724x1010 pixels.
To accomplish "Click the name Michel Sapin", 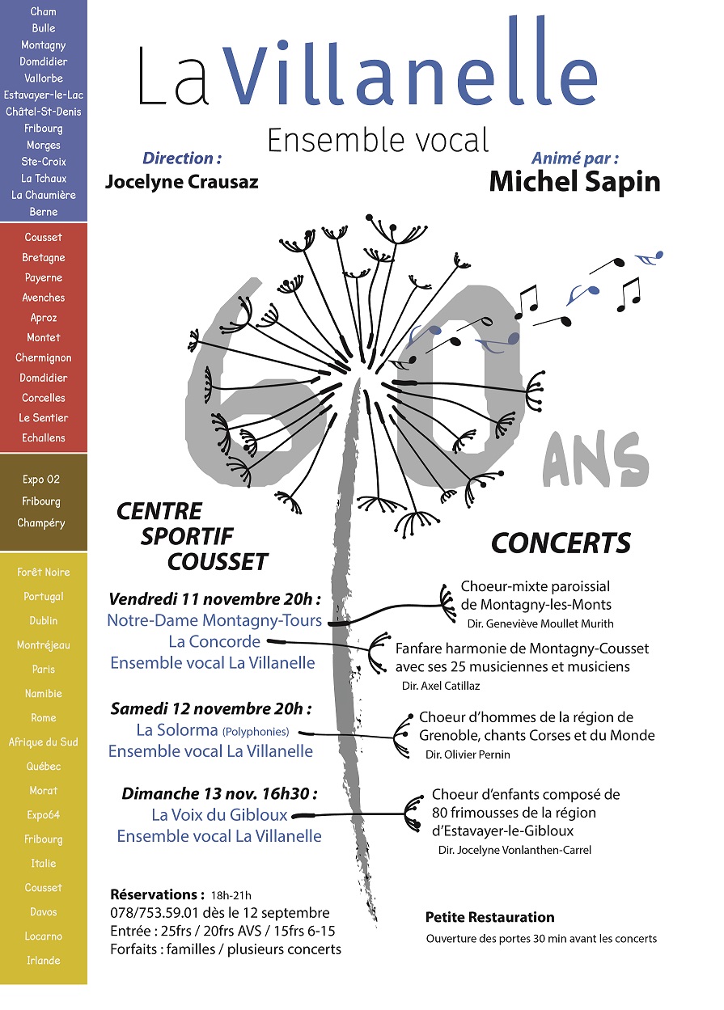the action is pos(574,182).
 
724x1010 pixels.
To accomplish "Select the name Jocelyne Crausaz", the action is pos(182,182).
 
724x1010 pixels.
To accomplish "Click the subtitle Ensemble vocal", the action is pos(378,140).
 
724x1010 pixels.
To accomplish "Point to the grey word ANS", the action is pos(596,460).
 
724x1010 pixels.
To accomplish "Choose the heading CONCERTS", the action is pos(561,543).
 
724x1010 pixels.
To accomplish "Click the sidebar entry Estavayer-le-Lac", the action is pos(44,95).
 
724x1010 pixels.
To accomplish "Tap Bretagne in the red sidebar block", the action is pos(44,257).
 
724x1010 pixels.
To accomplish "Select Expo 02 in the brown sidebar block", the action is pos(41,480).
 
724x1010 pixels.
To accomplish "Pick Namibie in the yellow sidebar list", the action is pos(44,694).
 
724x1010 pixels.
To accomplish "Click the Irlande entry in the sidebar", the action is pos(44,961).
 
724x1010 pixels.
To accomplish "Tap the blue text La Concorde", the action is pos(214,641).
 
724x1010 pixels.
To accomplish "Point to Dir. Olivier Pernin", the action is pos(468,754).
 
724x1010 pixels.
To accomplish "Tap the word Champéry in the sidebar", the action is pos(41,523).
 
